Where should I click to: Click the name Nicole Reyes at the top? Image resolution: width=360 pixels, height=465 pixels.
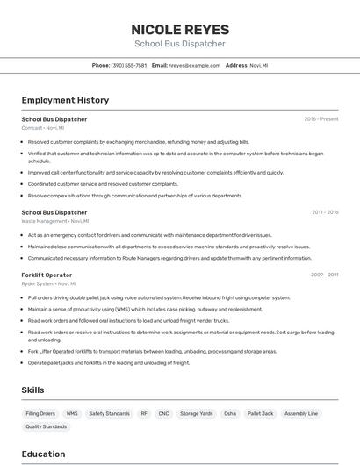click(x=179, y=29)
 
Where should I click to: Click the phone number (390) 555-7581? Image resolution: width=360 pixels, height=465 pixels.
click(x=129, y=65)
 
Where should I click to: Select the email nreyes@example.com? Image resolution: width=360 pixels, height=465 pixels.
click(x=194, y=65)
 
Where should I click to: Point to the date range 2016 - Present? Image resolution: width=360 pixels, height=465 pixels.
click(x=321, y=118)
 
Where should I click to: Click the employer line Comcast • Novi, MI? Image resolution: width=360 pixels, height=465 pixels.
click(x=43, y=128)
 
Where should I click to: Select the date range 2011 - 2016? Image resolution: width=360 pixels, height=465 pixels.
click(x=325, y=212)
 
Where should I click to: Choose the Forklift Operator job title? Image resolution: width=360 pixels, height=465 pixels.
click(x=47, y=275)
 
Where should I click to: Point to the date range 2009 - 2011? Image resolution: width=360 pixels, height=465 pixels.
click(x=325, y=275)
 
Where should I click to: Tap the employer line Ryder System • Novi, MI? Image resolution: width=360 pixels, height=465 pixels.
click(x=48, y=283)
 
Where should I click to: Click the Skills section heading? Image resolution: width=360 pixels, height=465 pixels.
click(x=32, y=390)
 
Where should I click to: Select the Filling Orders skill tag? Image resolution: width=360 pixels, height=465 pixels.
click(x=40, y=413)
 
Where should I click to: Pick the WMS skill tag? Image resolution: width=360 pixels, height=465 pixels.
click(x=72, y=413)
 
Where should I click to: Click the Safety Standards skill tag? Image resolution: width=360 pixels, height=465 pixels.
click(x=109, y=413)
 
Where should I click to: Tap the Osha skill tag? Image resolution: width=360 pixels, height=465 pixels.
click(x=230, y=413)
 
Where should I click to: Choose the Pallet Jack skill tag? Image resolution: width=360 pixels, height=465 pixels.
click(x=261, y=413)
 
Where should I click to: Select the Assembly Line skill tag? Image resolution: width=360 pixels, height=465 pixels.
click(x=301, y=413)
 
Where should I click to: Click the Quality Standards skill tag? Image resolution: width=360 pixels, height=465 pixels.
click(x=46, y=426)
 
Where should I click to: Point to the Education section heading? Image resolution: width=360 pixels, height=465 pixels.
click(x=43, y=454)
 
